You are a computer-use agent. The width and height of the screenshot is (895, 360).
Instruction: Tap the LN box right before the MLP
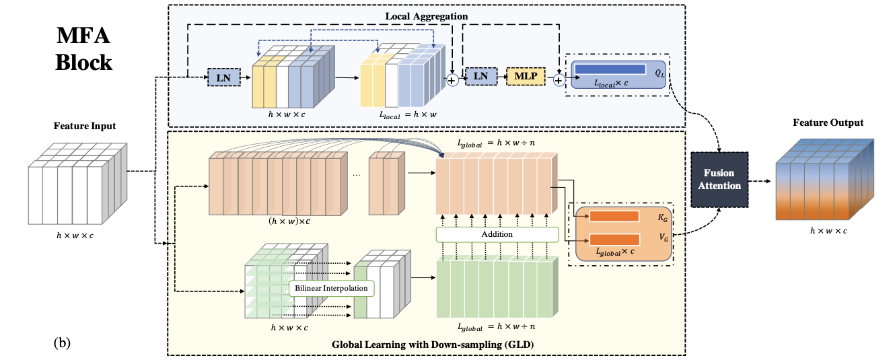click(x=480, y=77)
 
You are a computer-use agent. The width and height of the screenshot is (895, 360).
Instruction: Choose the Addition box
click(x=497, y=233)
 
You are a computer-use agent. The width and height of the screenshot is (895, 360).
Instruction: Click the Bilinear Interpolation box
click(x=332, y=288)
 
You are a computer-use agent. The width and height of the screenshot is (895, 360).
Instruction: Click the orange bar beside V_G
click(x=614, y=239)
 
